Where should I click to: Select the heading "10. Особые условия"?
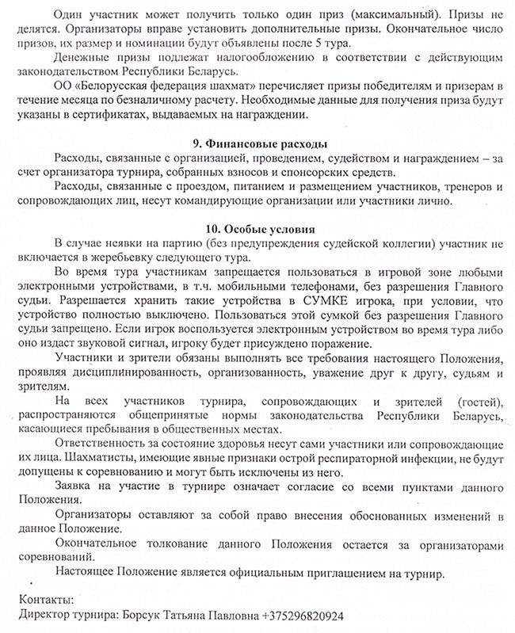click(260, 228)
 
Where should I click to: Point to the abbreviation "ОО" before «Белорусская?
click(63, 86)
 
